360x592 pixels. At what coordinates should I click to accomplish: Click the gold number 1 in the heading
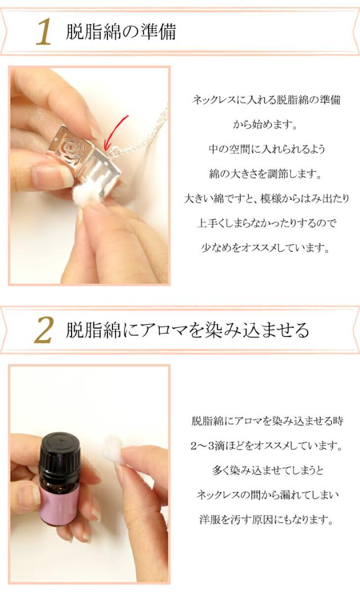pos(44,32)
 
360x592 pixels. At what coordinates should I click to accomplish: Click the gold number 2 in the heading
pos(44,330)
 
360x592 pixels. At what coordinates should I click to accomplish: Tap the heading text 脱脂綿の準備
pos(121,32)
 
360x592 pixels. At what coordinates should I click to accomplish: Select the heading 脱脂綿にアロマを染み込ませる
pos(187,330)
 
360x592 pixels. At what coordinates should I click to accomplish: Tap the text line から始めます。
pos(265,124)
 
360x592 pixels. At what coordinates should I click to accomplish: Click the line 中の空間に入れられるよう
pos(267,149)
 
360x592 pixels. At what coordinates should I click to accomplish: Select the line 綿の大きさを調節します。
pos(266,174)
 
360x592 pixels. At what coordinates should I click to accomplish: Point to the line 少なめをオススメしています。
pos(265,248)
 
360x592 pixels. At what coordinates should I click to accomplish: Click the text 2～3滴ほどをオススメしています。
pos(267,446)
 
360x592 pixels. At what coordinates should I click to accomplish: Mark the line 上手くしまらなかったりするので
pos(267,223)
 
